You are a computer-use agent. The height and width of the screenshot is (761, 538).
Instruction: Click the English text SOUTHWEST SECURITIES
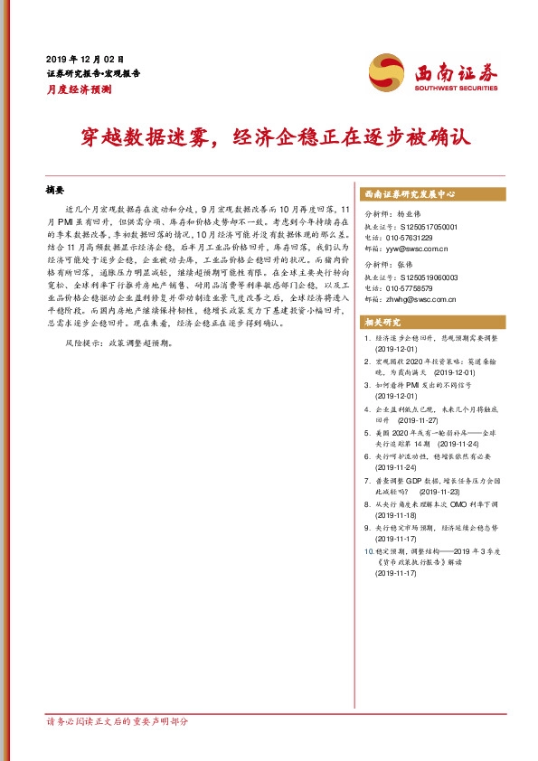(x=452, y=89)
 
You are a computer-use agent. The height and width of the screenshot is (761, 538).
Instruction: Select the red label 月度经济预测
(x=80, y=89)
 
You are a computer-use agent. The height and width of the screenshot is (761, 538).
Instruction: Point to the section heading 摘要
(x=56, y=191)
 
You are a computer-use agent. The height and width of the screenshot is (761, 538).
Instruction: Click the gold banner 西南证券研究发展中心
(x=409, y=194)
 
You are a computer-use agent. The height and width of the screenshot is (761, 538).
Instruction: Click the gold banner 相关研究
(x=380, y=322)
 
